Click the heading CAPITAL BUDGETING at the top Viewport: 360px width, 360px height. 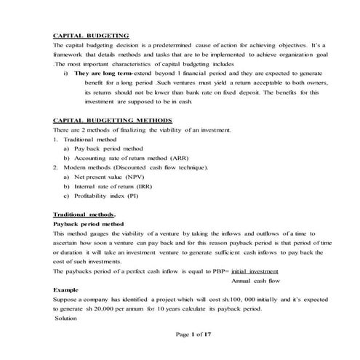[x=92, y=36]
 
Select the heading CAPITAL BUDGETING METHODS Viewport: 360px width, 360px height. [x=113, y=120]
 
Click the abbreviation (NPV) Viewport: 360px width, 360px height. [x=135, y=177]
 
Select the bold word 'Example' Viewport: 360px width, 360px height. [x=66, y=289]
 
